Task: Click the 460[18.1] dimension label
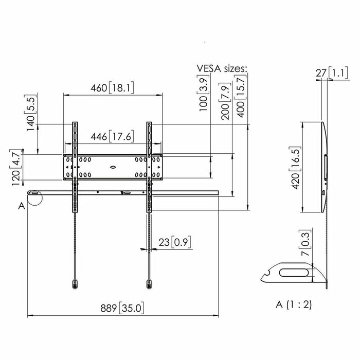[112, 88]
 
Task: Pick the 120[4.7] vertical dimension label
[16, 167]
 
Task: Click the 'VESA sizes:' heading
[222, 68]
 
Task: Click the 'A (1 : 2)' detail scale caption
[293, 304]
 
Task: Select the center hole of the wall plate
[113, 166]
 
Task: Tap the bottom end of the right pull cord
[150, 283]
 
